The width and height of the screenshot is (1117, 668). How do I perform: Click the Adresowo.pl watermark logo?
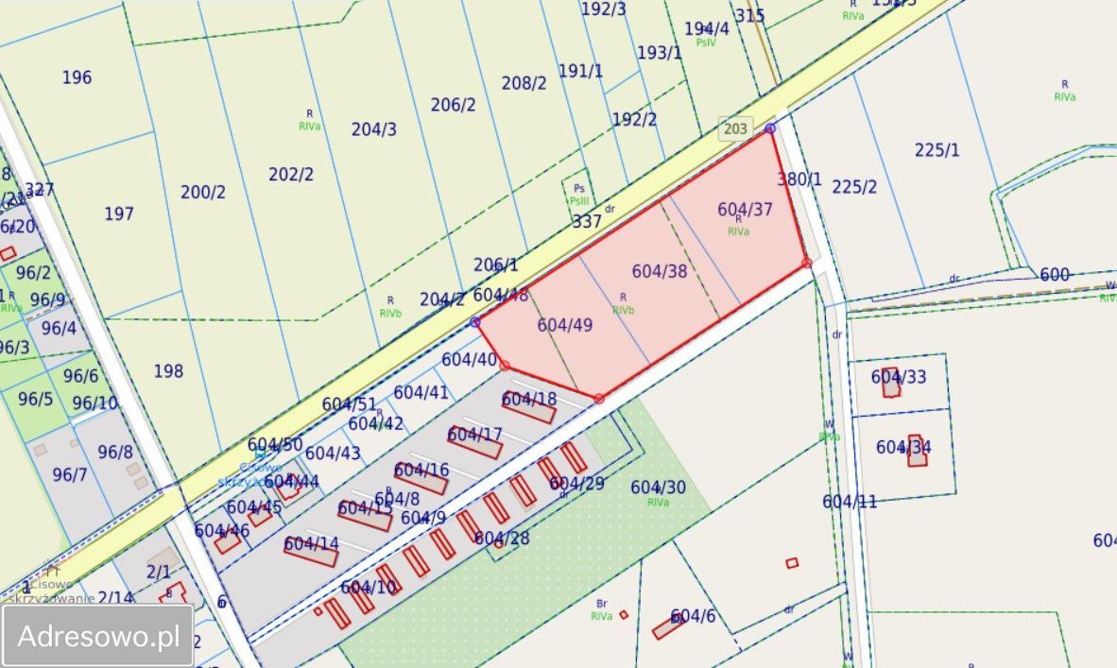pyautogui.click(x=98, y=636)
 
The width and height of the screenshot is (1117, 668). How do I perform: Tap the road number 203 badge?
pyautogui.click(x=734, y=129)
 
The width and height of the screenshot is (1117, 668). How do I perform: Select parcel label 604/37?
pyautogui.click(x=745, y=210)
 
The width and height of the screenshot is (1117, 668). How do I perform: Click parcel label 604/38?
pyautogui.click(x=660, y=271)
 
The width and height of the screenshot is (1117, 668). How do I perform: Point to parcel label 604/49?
pyautogui.click(x=565, y=325)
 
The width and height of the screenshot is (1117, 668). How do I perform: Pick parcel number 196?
pyautogui.click(x=77, y=77)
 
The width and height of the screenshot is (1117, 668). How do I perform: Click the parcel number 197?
pyautogui.click(x=119, y=214)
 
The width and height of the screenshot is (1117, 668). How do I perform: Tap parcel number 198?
pyautogui.click(x=168, y=371)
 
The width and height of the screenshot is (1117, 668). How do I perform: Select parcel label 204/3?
pyautogui.click(x=374, y=129)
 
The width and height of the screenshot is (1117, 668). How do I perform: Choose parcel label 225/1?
pyautogui.click(x=937, y=149)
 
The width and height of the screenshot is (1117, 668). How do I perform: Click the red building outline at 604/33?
pyautogui.click(x=891, y=383)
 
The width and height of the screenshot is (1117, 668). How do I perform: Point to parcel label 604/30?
pyautogui.click(x=658, y=488)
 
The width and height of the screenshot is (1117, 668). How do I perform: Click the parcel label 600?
pyautogui.click(x=1055, y=275)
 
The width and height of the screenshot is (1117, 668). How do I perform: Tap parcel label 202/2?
pyautogui.click(x=291, y=175)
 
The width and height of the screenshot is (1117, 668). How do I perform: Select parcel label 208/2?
pyautogui.click(x=524, y=83)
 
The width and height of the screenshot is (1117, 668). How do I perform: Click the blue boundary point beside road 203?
pyautogui.click(x=770, y=128)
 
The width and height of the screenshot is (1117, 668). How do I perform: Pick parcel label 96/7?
pyautogui.click(x=69, y=474)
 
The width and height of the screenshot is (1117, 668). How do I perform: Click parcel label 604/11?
pyautogui.click(x=850, y=502)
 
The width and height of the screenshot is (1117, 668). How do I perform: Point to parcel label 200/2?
pyautogui.click(x=203, y=193)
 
